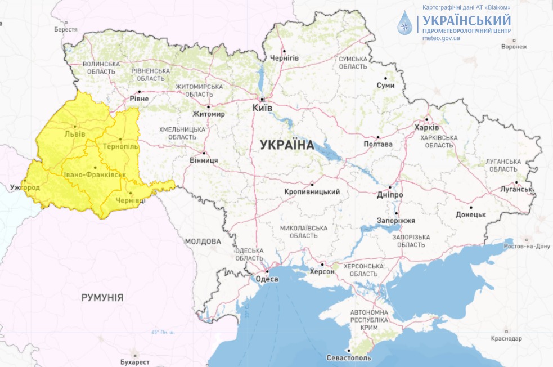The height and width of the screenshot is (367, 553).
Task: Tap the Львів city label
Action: [x=75, y=134]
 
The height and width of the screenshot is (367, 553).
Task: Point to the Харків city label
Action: [x=426, y=127]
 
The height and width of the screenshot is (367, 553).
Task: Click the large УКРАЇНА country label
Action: [x=287, y=145]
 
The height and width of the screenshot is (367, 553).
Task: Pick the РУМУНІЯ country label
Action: [x=102, y=297]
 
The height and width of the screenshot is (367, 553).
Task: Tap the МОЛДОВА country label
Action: [x=203, y=241]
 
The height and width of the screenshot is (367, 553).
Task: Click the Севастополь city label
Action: [x=349, y=357]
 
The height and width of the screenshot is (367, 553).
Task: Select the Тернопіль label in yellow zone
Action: [x=120, y=146]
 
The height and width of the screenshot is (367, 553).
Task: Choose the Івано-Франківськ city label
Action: [x=95, y=175]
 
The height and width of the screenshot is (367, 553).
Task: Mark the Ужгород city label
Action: [x=25, y=186]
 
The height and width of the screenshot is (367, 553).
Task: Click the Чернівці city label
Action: [x=131, y=200]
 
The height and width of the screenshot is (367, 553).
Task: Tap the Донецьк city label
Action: [x=470, y=214]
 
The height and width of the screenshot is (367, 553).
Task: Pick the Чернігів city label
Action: [x=284, y=58]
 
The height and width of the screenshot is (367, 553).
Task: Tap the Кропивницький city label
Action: [x=312, y=192]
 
